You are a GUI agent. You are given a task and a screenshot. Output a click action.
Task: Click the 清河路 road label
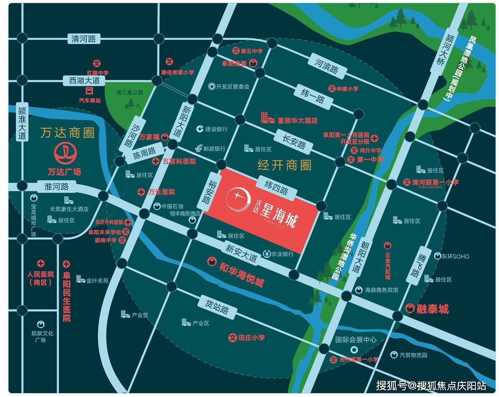[x=83, y=39]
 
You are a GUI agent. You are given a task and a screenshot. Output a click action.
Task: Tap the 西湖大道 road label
[x=85, y=81]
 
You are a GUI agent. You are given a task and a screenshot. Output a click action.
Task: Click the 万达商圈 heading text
[x=67, y=133]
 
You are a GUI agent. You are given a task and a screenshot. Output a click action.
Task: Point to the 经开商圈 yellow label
[x=284, y=165]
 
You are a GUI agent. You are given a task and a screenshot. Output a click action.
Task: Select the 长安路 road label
[x=294, y=142]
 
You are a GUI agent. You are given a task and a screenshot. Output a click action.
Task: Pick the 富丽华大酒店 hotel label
[x=297, y=120]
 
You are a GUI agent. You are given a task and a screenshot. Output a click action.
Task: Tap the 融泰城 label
[x=432, y=309]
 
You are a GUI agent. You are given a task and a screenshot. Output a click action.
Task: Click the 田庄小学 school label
[x=251, y=337]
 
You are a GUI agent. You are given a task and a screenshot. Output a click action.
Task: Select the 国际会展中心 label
[x=356, y=340]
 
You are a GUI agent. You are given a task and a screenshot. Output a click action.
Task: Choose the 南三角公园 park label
[x=129, y=93]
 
